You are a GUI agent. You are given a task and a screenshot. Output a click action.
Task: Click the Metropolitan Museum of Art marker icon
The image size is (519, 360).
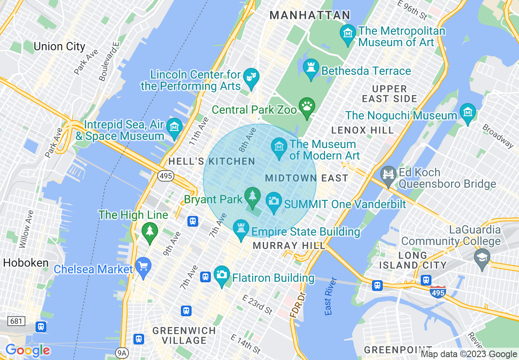pyautogui.click(x=348, y=32)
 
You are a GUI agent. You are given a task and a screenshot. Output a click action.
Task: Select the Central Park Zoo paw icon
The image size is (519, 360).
pyautogui.click(x=307, y=106)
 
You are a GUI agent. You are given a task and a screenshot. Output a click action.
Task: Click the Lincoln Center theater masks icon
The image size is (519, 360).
pyautogui.click(x=250, y=76)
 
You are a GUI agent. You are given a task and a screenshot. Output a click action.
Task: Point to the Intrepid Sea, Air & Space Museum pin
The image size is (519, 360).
pyautogui.click(x=175, y=126)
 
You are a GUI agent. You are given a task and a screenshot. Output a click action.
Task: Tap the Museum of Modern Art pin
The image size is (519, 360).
pyautogui.click(x=279, y=146)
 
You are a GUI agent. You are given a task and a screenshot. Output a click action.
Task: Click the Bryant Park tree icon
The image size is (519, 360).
pyautogui.click(x=253, y=196)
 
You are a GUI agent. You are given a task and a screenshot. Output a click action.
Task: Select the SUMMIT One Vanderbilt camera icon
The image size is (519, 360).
pyautogui.click(x=274, y=201)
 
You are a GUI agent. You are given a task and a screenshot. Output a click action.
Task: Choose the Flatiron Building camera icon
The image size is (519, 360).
pyautogui.click(x=221, y=274)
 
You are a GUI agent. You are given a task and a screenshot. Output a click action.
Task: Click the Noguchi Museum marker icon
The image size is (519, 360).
pyautogui.click(x=467, y=112)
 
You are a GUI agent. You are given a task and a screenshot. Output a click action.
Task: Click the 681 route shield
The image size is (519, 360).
pyautogui.click(x=16, y=321)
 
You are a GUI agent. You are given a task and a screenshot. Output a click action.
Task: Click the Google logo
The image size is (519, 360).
pyautogui.click(x=27, y=350)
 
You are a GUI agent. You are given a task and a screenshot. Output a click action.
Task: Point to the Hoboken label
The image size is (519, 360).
pyautogui.click(x=26, y=263)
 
